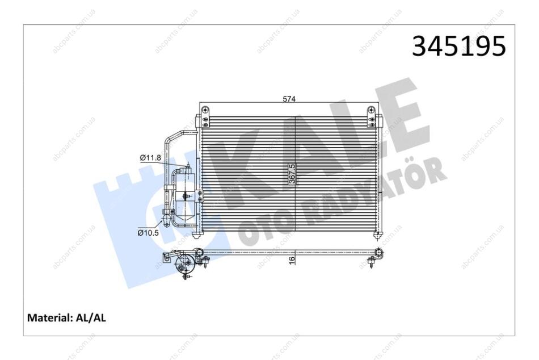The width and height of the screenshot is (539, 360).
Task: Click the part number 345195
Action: point(459,46)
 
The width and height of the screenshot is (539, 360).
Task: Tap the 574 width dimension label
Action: point(289,99)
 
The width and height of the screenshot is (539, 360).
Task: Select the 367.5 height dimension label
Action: point(292,174)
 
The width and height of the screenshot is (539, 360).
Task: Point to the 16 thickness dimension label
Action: point(292,260)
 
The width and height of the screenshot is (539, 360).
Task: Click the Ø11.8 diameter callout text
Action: point(150,158)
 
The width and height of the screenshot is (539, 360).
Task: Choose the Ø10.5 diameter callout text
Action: point(148,233)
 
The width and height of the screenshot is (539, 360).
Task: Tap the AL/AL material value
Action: point(90,317)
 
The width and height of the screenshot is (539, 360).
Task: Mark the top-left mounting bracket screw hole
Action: point(206,110)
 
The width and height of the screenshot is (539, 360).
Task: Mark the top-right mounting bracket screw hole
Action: point(372,110)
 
